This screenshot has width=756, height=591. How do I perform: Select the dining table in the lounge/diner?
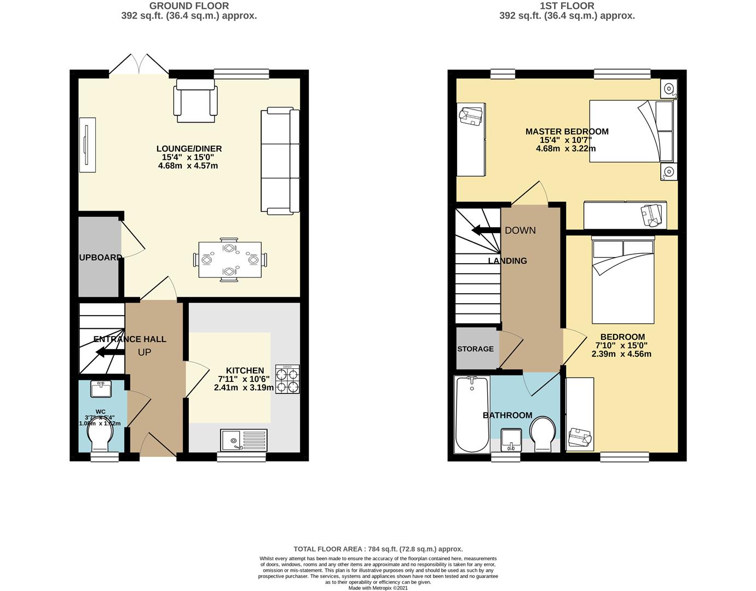tap(230, 260)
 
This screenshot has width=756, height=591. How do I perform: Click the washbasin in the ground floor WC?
tap(101, 389)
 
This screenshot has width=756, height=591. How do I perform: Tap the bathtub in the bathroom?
tap(472, 414)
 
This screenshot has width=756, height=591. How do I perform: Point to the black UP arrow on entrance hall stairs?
tap(109, 352)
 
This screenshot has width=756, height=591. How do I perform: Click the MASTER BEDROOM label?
tap(567, 131)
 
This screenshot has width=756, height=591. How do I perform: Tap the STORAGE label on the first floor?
tap(475, 349)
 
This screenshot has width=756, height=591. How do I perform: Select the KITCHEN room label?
tap(245, 370)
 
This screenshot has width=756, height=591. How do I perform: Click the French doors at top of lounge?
tap(139, 65)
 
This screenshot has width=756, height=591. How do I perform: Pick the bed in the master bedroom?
tap(632, 131)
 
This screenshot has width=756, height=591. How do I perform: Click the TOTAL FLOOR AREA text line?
tap(378, 549)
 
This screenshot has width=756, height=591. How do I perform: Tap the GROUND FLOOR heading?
tap(189, 6)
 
